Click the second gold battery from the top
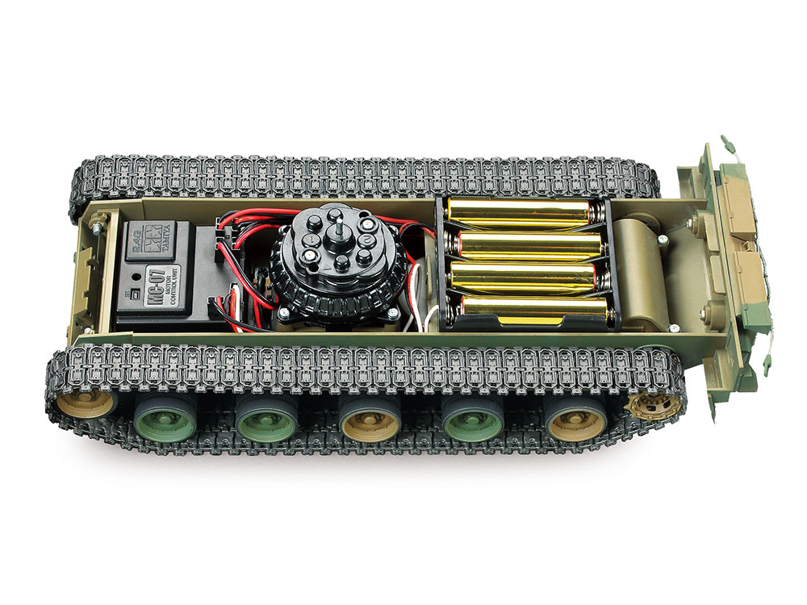(525, 244)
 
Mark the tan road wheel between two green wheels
(370, 419)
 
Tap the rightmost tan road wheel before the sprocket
(576, 419)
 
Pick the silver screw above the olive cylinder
(662, 239)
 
